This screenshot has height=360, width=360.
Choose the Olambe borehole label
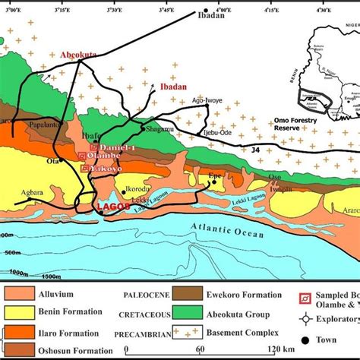pos(105,156)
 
